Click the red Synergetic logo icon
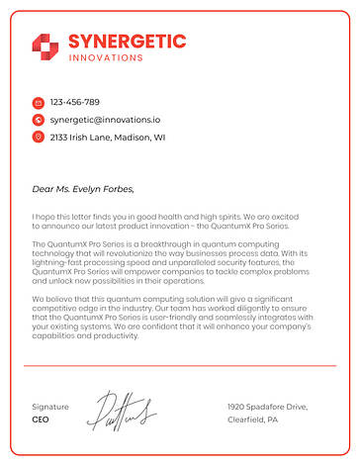point(45,45)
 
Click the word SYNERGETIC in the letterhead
point(127,41)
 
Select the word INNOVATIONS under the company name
point(106,57)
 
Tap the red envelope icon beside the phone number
point(38,102)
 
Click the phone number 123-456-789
point(75,102)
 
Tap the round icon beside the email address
point(38,120)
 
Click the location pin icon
point(38,137)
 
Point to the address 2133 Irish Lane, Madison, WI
point(108,137)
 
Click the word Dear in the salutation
point(42,188)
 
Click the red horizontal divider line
point(180,366)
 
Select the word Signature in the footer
point(50,407)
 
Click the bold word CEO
point(41,419)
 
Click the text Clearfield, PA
point(253,419)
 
